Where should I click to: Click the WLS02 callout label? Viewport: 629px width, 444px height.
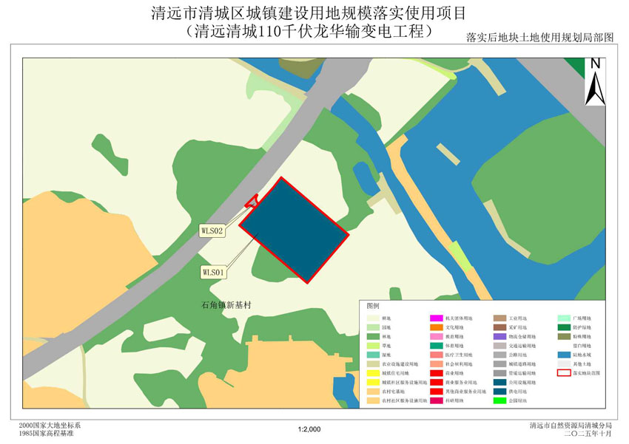click(x=212, y=230)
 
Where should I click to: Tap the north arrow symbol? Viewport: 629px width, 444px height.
click(x=595, y=81)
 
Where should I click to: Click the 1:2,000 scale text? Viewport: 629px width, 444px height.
click(x=309, y=429)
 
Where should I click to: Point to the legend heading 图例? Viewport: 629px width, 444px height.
click(x=372, y=305)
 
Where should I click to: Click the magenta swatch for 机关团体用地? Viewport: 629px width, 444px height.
click(x=436, y=318)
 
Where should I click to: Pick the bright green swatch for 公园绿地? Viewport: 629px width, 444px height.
click(x=499, y=401)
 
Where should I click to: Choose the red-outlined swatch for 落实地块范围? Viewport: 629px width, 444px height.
click(x=564, y=373)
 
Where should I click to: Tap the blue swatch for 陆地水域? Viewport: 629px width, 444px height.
click(x=564, y=355)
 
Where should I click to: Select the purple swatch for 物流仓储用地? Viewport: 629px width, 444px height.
click(x=499, y=336)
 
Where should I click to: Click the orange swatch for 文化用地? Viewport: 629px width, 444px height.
click(x=436, y=327)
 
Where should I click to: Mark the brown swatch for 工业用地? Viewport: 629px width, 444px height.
click(x=499, y=318)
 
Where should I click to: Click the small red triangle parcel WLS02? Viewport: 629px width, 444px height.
click(x=252, y=200)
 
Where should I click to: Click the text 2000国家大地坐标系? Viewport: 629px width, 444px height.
click(x=50, y=426)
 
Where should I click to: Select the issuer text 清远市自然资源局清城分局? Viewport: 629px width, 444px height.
click(x=571, y=426)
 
